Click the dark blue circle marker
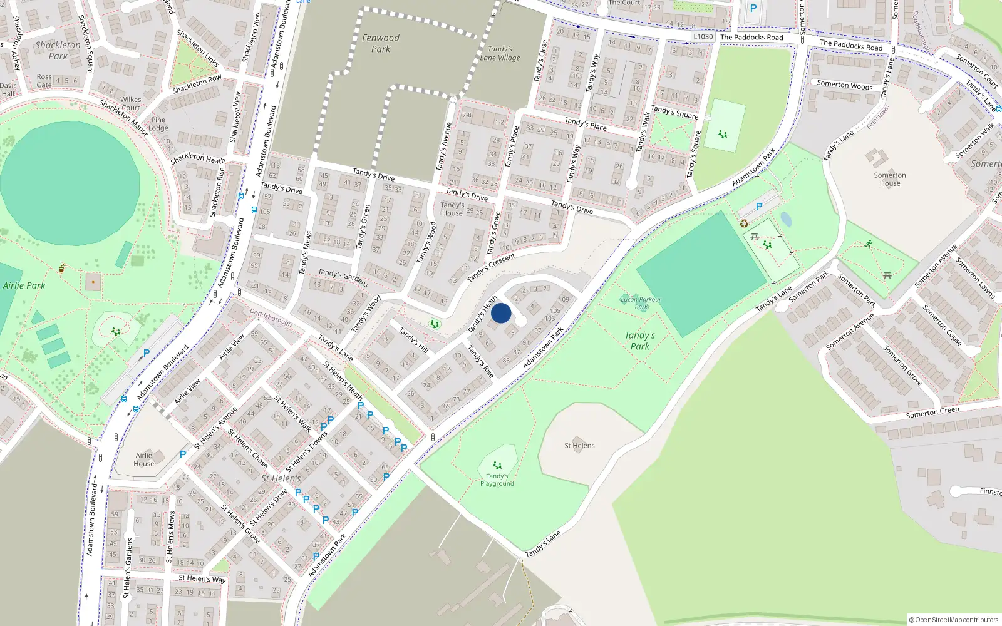tap(501, 313)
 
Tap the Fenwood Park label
tap(381, 43)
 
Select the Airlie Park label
tap(24, 285)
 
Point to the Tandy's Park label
tap(639, 341)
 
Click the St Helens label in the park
tap(579, 446)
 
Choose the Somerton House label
tap(889, 179)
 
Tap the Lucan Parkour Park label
tap(641, 303)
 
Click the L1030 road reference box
tap(703, 37)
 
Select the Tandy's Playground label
tap(497, 480)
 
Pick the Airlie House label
tap(143, 459)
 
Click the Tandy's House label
tap(452, 209)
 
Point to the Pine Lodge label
tap(158, 124)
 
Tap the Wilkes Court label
tap(131, 103)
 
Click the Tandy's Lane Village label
tap(500, 53)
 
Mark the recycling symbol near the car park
tap(744, 223)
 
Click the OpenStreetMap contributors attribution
tap(953, 620)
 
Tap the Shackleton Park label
tap(58, 50)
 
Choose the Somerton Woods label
tap(844, 85)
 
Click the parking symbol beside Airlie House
tap(183, 454)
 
